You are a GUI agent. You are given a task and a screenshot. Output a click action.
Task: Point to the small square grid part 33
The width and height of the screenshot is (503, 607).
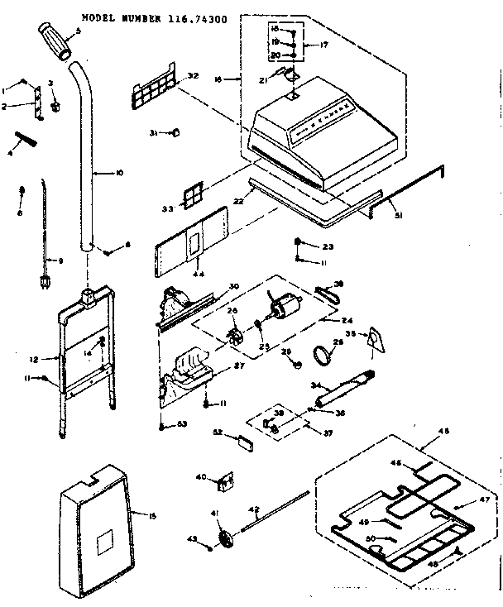click(x=192, y=195)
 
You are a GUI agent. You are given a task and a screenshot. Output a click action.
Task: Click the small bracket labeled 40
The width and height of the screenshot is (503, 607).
click(x=226, y=480)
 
